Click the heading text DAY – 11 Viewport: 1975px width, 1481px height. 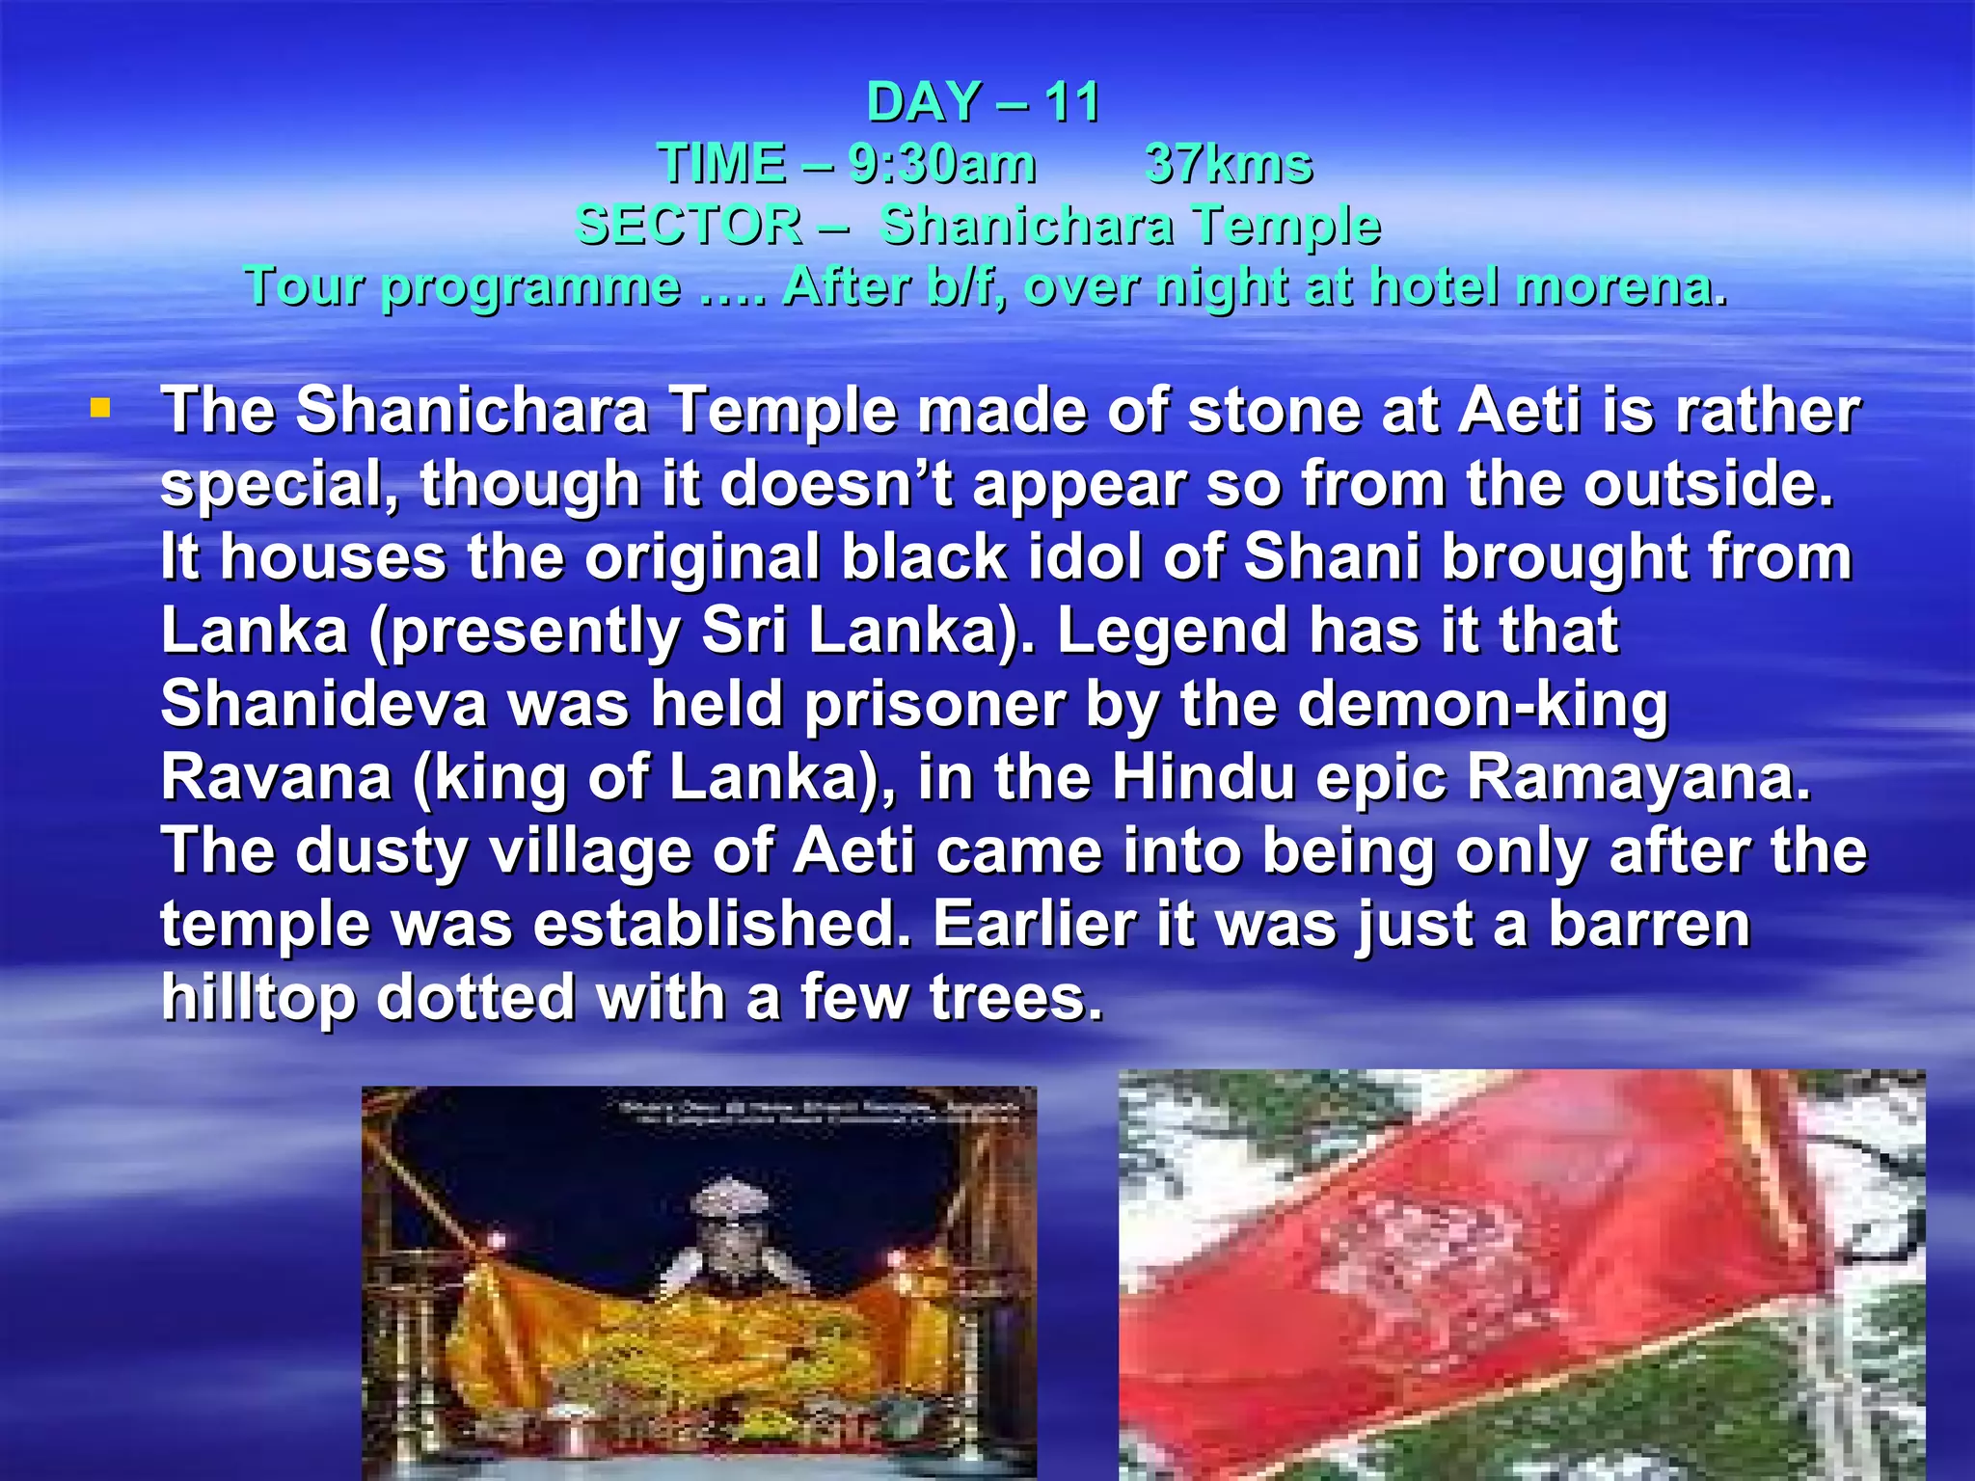(x=983, y=102)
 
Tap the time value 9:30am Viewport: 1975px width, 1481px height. (x=942, y=164)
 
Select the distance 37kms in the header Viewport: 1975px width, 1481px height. (x=1229, y=164)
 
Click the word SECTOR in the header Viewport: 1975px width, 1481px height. (x=690, y=226)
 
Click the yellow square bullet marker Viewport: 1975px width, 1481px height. (x=99, y=409)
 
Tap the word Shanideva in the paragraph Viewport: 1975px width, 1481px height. (x=324, y=704)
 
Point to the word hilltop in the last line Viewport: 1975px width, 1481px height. (x=257, y=998)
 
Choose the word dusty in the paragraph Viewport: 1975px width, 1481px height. (x=381, y=851)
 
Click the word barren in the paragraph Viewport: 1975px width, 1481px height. (x=1649, y=924)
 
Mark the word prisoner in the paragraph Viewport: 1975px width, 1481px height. (x=934, y=704)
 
